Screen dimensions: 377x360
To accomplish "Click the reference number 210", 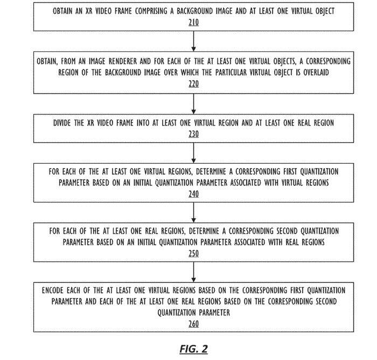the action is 193,23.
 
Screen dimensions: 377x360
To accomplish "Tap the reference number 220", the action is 193,84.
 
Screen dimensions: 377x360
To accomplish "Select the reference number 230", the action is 193,134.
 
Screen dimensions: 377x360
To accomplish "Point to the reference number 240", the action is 193,193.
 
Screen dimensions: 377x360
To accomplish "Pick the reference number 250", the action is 193,253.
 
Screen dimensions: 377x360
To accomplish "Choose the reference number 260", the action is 193,324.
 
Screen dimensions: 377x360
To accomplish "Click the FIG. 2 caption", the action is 193,349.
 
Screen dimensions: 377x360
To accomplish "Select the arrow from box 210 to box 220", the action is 193,41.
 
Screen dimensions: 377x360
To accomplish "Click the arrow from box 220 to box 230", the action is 193,104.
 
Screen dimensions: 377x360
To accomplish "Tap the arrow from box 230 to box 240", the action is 193,153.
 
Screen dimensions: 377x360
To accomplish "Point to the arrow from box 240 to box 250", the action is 193,212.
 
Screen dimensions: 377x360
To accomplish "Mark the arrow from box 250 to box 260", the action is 193,272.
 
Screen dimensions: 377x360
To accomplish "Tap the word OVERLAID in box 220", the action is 316,72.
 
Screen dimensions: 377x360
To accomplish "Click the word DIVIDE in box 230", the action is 62,123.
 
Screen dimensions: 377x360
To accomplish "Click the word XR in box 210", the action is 89,11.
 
